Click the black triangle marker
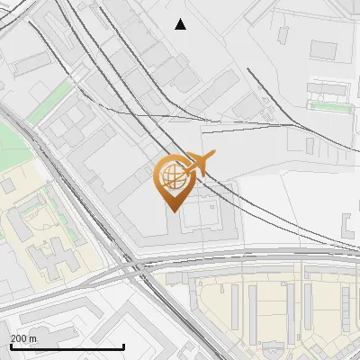pos(180,24)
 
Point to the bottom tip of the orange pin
pos(171,211)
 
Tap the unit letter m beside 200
pos(33,338)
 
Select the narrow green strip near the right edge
pos(330,105)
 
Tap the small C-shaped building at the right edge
pos(348,224)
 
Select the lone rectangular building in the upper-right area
pos(323,49)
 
